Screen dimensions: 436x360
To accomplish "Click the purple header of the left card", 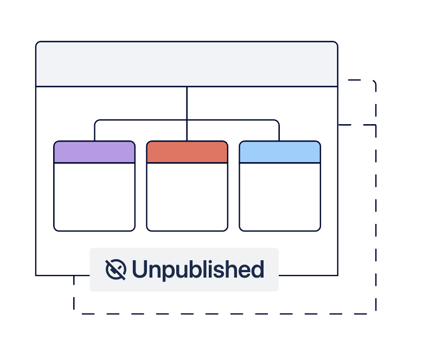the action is (x=94, y=152).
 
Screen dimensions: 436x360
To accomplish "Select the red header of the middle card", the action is (x=187, y=152).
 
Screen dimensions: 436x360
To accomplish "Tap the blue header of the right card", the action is (x=280, y=152).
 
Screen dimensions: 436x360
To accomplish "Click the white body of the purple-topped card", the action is (x=94, y=197).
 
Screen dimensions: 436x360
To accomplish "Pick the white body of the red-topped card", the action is (x=187, y=197).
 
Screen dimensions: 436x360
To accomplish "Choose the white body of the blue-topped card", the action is (x=280, y=197).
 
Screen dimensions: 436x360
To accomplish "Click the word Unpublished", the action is (x=198, y=269).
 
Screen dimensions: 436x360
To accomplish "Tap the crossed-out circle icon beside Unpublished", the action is (x=116, y=269).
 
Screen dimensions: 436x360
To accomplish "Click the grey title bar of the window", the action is (x=187, y=64).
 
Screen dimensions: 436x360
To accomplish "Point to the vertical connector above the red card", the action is (x=187, y=114).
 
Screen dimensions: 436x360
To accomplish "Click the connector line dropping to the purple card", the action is (x=94, y=131).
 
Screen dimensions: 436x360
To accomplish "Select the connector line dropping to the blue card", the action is (x=279, y=131).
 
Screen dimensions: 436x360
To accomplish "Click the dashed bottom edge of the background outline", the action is (x=225, y=314).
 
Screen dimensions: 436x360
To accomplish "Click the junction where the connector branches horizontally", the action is (x=187, y=120).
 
